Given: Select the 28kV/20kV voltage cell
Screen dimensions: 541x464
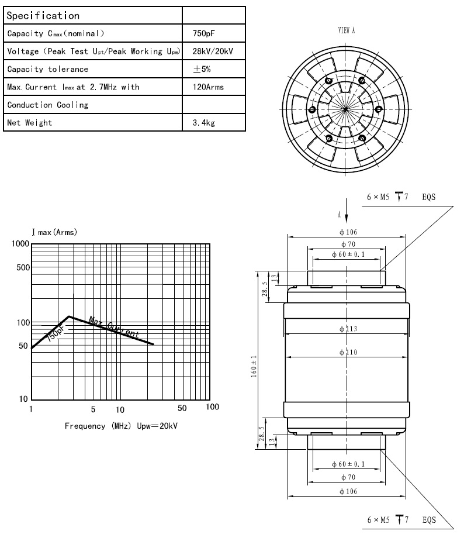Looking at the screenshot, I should point(213,51).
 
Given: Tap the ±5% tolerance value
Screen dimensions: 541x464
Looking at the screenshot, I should point(202,69).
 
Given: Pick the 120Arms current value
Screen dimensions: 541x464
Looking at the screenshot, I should point(208,87).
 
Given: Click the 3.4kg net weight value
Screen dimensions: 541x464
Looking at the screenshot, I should point(202,123).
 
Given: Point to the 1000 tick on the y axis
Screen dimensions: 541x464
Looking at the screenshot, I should point(19,244).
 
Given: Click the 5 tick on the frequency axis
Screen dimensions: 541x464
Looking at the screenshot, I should point(93,408).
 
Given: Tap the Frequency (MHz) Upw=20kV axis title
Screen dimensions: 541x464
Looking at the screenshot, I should point(121,425).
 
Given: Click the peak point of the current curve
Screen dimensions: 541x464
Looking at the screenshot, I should point(70,316).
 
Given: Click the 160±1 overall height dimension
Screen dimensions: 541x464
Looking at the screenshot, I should point(253,358).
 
